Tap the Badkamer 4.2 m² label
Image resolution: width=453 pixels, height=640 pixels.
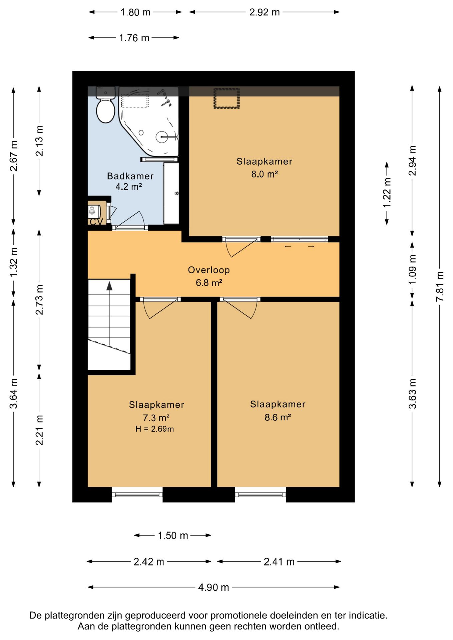pos(130,181)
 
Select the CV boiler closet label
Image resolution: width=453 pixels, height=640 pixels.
pos(96,221)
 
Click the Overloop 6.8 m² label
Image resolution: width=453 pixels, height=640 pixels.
pos(209,276)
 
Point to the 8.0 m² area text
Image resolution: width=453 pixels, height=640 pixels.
pos(265,174)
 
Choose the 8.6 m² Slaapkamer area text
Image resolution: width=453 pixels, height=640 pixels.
pos(278,417)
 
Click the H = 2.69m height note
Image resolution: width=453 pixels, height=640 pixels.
pos(154,429)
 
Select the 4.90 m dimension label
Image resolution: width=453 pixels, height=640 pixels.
pos(213,587)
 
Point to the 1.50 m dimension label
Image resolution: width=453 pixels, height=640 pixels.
pos(173,535)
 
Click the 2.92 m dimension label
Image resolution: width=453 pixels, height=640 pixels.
pos(265,12)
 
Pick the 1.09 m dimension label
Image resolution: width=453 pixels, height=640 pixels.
pos(412,269)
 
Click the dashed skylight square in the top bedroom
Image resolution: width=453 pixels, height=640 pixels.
pos(227,98)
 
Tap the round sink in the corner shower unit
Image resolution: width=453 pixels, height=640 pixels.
pos(162,137)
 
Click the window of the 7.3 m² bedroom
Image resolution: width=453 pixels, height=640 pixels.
pos(137,495)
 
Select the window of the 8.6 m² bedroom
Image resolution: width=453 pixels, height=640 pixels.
pos(261,495)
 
